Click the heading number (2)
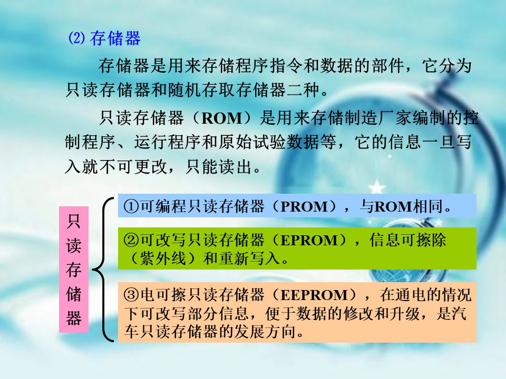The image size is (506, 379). tap(76, 38)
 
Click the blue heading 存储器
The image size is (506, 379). tap(115, 38)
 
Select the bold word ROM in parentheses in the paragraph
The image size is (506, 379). tap(222, 118)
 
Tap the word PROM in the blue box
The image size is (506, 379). tap(304, 206)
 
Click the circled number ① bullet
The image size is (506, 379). tap(131, 206)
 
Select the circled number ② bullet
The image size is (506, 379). tap(131, 240)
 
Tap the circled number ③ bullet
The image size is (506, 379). tap(131, 295)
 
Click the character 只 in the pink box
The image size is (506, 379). tap(74, 222)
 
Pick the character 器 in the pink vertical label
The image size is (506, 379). tap(74, 318)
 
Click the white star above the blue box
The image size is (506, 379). tap(376, 187)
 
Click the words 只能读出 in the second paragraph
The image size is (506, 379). tap(219, 167)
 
